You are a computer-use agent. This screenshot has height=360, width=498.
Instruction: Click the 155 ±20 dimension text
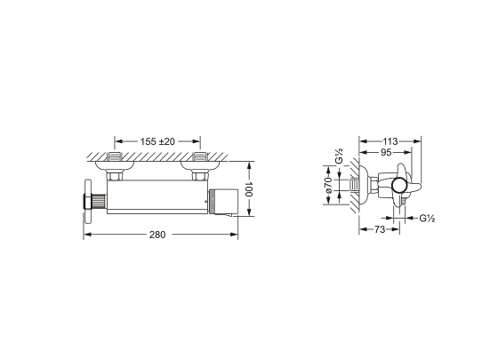tap(157, 141)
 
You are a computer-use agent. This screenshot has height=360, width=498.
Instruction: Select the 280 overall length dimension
tap(157, 235)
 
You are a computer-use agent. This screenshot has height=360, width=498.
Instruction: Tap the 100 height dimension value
tap(249, 189)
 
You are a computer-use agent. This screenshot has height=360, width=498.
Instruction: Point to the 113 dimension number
tap(390, 141)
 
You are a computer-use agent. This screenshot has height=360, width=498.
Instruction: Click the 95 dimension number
tap(386, 153)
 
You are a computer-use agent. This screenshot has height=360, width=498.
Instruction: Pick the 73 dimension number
tap(380, 229)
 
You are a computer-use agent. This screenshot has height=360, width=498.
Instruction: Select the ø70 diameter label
tap(329, 185)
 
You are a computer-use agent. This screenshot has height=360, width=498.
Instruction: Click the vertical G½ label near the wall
tap(339, 156)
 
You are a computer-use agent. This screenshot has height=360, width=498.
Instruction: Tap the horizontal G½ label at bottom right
tap(427, 219)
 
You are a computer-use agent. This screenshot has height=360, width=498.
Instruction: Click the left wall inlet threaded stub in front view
tap(115, 156)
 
